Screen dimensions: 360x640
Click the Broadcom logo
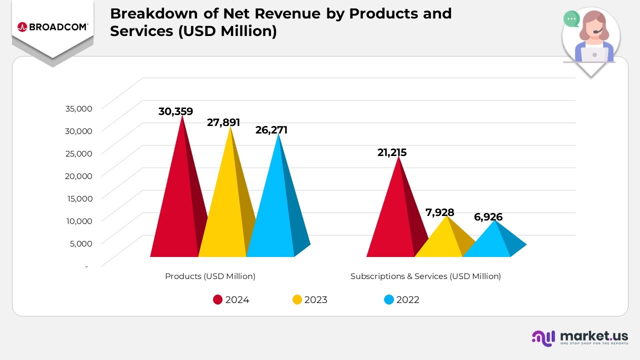[52, 26]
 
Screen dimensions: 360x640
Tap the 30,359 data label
[175, 111]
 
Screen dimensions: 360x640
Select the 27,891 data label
[223, 122]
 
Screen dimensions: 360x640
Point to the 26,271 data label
[271, 130]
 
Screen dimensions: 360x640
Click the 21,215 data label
[392, 152]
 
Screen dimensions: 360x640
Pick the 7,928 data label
[440, 212]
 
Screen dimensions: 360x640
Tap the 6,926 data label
[488, 217]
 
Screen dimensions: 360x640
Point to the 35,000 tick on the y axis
[79, 108]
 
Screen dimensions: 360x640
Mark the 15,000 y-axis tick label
[79, 198]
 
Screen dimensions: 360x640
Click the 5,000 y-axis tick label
[80, 243]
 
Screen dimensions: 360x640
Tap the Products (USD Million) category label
[210, 276]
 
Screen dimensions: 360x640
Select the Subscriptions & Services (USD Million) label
[425, 276]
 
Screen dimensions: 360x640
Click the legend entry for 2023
[310, 300]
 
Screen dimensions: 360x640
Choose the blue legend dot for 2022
[389, 300]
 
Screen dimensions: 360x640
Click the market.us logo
[580, 338]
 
